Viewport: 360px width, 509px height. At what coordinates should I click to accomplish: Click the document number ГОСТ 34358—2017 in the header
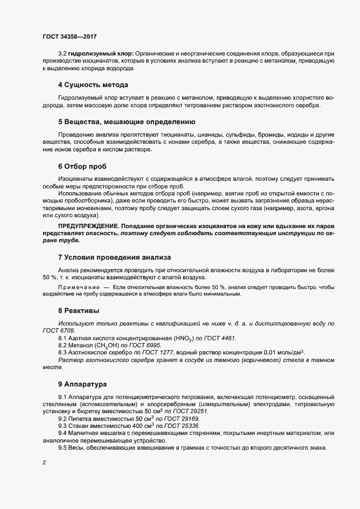(x=70, y=36)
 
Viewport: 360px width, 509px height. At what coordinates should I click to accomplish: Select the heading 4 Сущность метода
(x=93, y=85)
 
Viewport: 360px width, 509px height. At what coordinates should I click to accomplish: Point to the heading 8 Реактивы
(x=78, y=310)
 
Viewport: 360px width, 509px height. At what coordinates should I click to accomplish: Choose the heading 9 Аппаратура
(x=83, y=384)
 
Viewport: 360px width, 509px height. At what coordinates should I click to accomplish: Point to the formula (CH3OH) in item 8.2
(x=108, y=346)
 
